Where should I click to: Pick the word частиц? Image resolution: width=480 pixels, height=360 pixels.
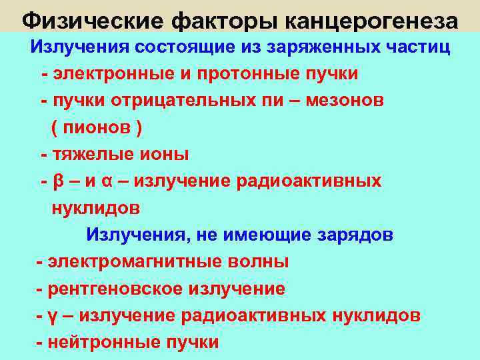pyautogui.click(x=417, y=47)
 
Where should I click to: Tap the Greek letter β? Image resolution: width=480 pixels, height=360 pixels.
pyautogui.click(x=58, y=181)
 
